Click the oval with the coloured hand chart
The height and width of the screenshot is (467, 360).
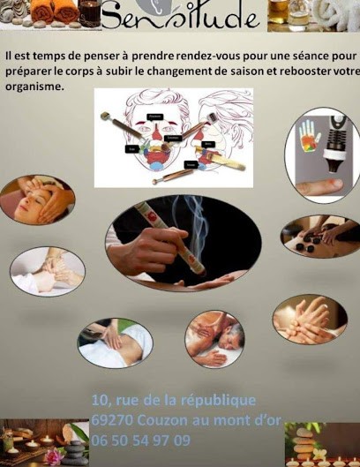(x=322, y=155)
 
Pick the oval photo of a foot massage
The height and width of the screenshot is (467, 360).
(x=48, y=270)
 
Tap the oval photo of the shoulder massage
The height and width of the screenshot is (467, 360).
(x=214, y=339)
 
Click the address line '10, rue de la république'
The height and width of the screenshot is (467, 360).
(x=173, y=400)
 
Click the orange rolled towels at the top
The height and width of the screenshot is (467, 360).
(x=56, y=11)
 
